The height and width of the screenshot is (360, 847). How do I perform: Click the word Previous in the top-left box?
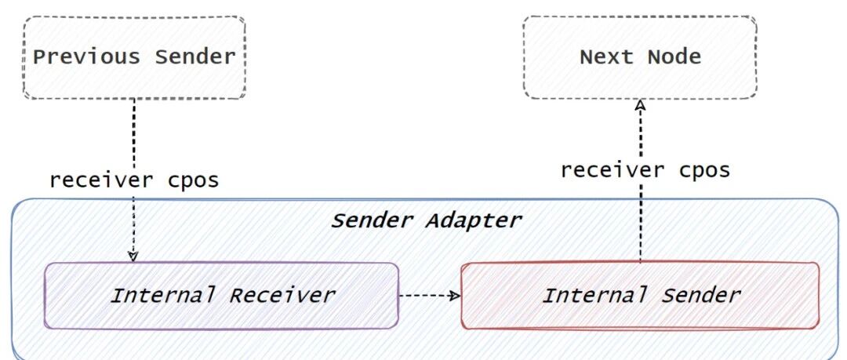point(86,56)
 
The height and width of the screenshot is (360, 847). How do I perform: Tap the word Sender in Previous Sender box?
point(195,56)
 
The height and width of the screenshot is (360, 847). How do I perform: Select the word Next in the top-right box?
point(606,56)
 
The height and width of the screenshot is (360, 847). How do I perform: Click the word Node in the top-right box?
point(674,56)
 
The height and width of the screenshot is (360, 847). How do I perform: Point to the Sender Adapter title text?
point(426,220)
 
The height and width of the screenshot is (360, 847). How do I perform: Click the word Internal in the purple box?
point(162,295)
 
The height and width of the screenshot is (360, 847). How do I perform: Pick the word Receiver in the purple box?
point(282,295)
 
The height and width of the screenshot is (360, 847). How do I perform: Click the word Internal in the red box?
point(594,295)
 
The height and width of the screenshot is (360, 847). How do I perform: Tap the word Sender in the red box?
point(700,295)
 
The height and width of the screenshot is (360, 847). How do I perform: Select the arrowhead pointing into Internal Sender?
point(456,296)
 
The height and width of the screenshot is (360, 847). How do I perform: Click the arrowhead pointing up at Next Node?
point(641,105)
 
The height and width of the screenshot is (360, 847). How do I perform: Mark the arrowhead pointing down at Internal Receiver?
point(133,256)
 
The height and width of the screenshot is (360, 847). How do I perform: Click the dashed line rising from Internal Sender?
point(641,181)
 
